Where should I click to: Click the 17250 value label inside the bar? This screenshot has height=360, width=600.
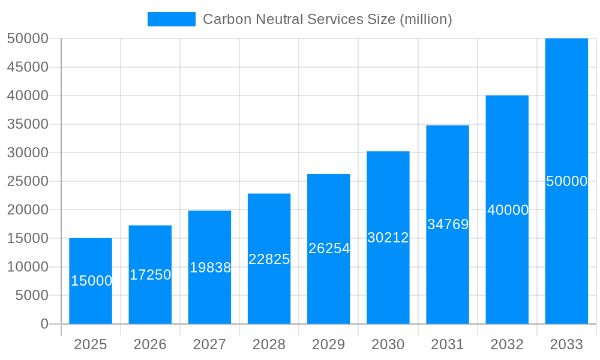(150, 275)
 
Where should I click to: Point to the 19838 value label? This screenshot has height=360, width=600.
(210, 268)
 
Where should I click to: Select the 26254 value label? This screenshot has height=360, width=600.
(329, 248)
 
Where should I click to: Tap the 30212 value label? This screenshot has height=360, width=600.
(388, 238)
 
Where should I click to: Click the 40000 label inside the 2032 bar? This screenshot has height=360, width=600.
(508, 210)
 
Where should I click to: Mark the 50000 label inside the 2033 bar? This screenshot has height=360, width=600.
(566, 181)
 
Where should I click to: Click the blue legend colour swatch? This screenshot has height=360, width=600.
(172, 19)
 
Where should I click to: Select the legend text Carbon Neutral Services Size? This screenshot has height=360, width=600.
(327, 19)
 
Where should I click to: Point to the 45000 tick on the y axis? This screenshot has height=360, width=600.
(28, 67)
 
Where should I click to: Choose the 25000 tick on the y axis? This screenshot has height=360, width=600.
(28, 181)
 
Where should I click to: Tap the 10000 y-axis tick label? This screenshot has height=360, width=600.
(28, 267)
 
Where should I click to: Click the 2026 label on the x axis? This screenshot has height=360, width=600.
(150, 344)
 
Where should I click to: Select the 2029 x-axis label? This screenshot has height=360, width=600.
(329, 344)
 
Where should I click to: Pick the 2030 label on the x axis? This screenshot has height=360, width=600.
(388, 344)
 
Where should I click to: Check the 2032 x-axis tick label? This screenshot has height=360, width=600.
(507, 344)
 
